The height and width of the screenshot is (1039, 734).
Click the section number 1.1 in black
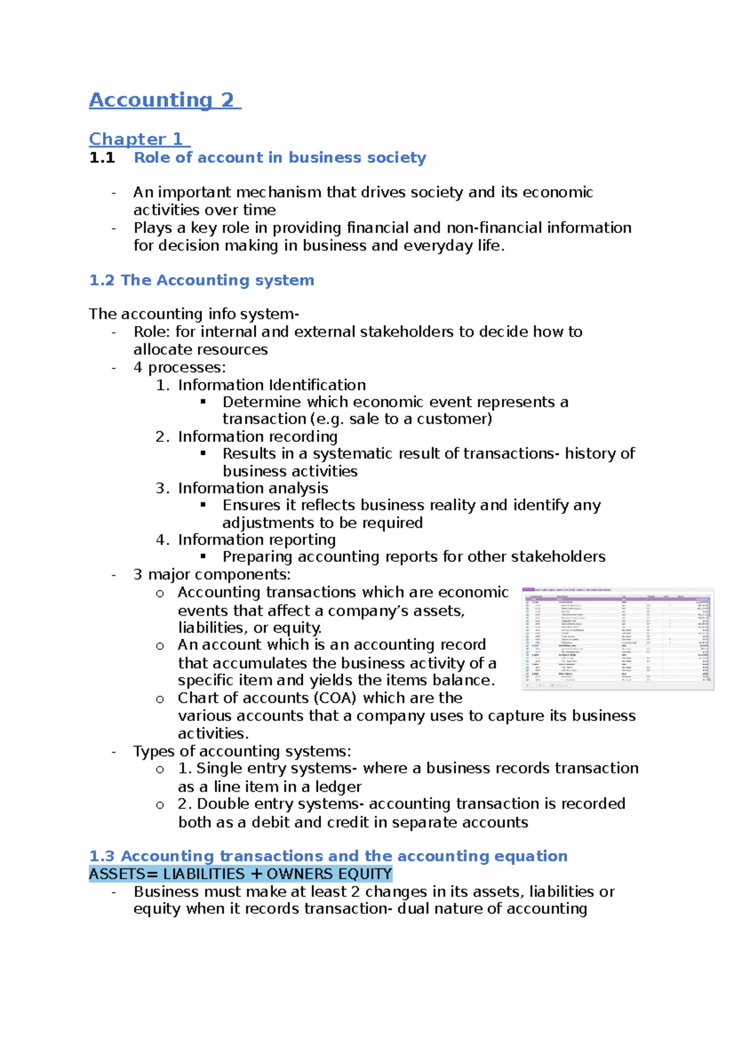(x=102, y=158)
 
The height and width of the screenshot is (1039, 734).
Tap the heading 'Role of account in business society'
(x=280, y=158)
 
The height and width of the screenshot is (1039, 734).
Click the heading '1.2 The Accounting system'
(x=201, y=280)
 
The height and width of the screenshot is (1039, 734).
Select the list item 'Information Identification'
(x=272, y=385)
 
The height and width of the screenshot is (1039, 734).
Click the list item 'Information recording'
(x=258, y=436)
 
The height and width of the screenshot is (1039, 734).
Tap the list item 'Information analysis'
(x=253, y=488)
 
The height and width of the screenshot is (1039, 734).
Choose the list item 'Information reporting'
(x=256, y=540)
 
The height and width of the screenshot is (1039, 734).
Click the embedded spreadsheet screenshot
(x=617, y=638)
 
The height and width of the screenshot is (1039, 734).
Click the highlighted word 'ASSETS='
(x=123, y=874)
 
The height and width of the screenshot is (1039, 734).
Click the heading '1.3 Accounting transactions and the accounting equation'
(x=328, y=856)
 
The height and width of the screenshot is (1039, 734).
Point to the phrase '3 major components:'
(x=212, y=575)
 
